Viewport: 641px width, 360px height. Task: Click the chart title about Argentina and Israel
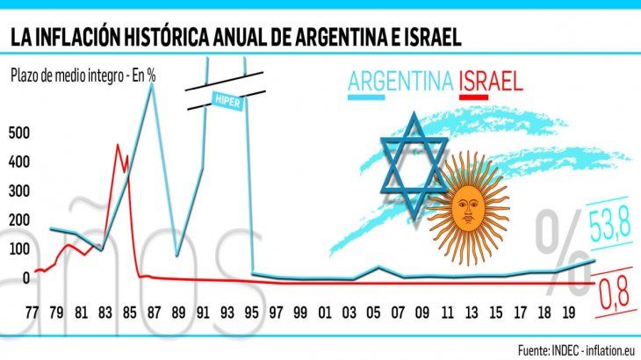[x=236, y=38]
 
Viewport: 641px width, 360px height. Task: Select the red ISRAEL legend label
[x=491, y=82]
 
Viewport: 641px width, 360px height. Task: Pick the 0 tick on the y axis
[x=26, y=277]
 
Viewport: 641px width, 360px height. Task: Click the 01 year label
[x=324, y=311]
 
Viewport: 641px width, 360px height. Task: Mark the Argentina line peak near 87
[x=152, y=85]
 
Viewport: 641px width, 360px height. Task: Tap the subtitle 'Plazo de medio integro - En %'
[x=84, y=75]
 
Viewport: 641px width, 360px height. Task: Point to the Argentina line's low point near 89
[x=177, y=256]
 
